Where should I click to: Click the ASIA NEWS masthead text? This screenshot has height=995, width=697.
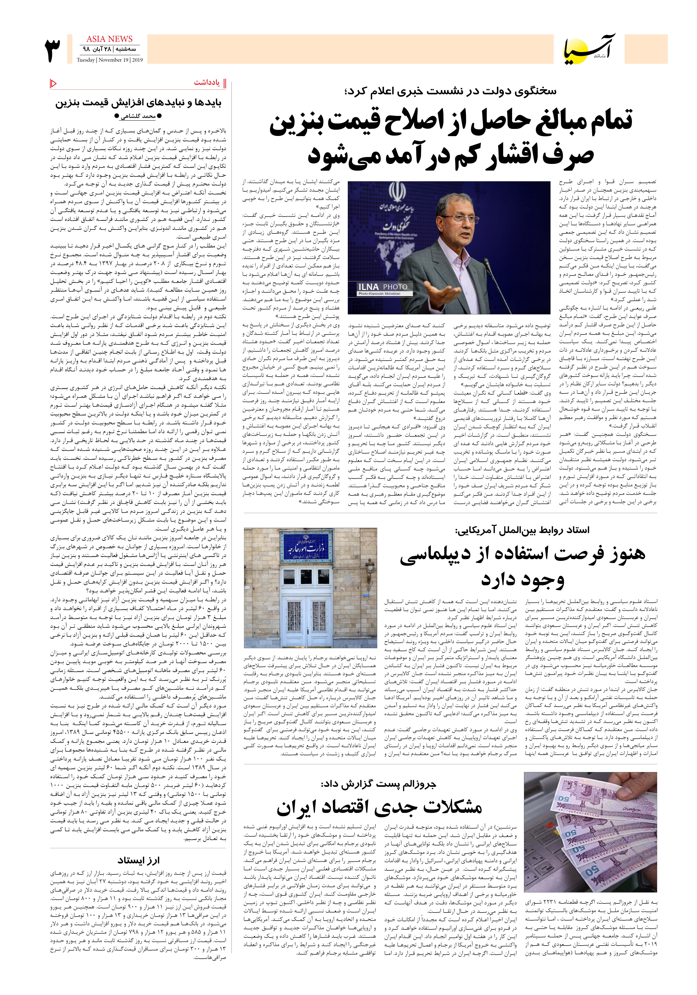109,39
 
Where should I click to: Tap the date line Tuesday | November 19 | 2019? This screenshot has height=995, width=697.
110,60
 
